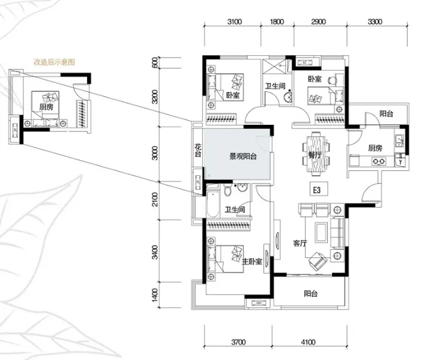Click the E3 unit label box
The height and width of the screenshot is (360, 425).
[x=319, y=189]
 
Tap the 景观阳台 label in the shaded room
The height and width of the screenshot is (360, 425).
[x=243, y=157]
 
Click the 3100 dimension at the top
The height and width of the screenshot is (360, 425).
[x=234, y=22]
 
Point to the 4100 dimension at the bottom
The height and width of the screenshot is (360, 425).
[x=308, y=342]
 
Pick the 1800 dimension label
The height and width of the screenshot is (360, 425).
[x=277, y=22]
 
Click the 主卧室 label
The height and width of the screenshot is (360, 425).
[x=252, y=262]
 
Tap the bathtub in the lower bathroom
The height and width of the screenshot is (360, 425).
[x=212, y=204]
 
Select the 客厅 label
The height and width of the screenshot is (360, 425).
[x=300, y=243]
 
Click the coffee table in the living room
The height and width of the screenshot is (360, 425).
[x=322, y=232]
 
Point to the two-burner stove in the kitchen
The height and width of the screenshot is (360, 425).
[x=379, y=162]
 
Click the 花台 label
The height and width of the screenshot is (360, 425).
[x=198, y=151]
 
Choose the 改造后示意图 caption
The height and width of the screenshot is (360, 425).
[x=54, y=62]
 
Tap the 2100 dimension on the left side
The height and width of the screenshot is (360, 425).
[x=155, y=199]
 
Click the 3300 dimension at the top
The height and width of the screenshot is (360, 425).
[x=375, y=22]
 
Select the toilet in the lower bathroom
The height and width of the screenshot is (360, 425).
[x=228, y=190]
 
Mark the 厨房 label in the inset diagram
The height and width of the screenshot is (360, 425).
[x=46, y=107]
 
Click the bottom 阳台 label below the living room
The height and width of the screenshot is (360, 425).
[x=310, y=293]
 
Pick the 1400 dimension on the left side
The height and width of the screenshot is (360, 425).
[x=155, y=295]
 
